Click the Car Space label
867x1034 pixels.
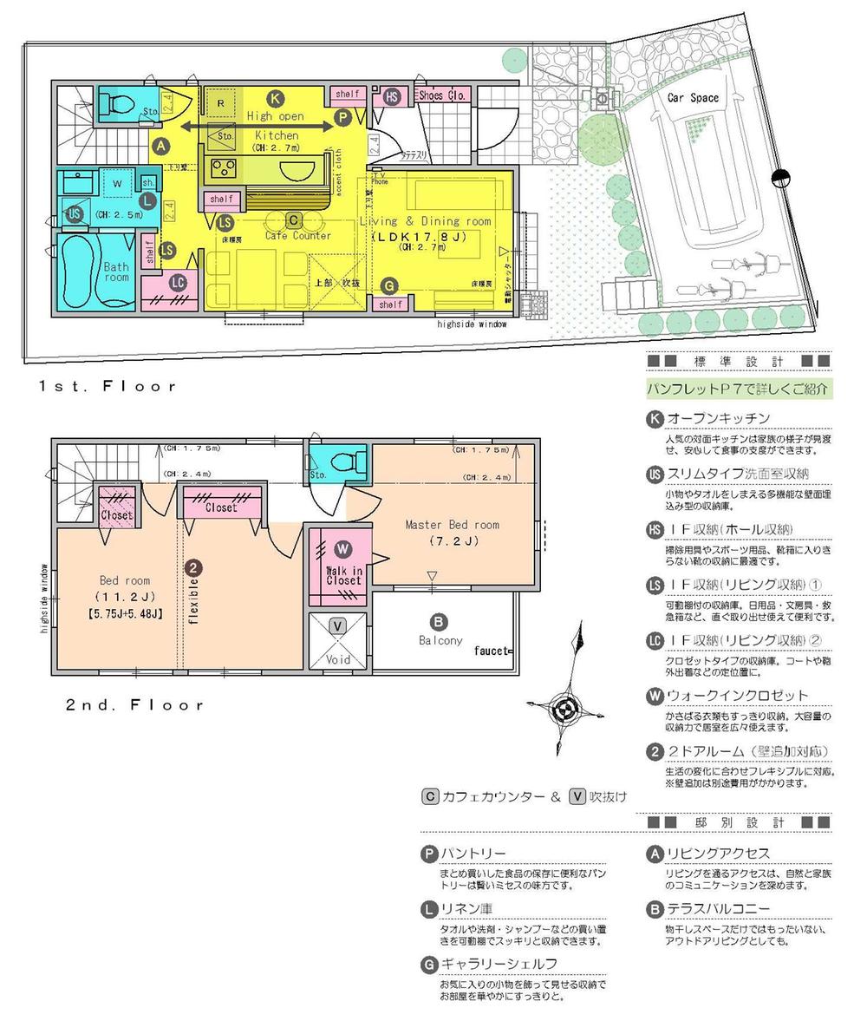click(x=692, y=98)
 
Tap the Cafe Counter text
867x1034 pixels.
click(x=297, y=235)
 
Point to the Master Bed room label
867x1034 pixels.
click(x=452, y=524)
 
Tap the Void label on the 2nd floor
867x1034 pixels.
click(x=338, y=659)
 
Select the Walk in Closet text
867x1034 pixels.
click(x=343, y=574)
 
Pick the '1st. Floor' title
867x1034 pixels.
click(x=107, y=386)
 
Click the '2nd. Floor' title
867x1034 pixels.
click(x=134, y=704)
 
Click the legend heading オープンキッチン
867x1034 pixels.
click(x=717, y=419)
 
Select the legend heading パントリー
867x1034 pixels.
click(x=473, y=854)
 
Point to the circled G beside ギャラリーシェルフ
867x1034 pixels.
click(x=428, y=964)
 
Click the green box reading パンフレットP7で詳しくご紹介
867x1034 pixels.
click(x=739, y=389)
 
